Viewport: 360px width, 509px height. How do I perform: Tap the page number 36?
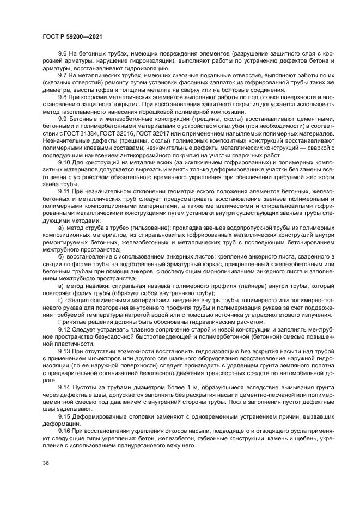pos(46,463)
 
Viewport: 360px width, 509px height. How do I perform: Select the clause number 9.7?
pos(64,76)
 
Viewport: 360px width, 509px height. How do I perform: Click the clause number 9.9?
pos(64,119)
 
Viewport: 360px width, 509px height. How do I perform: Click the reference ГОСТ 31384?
pos(89,133)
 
